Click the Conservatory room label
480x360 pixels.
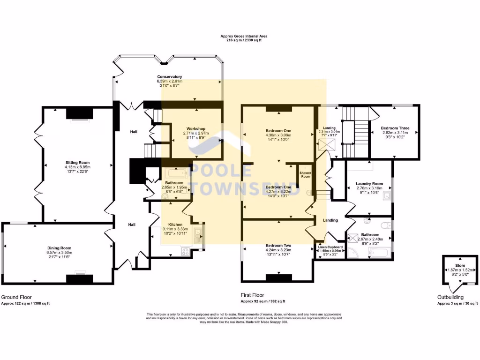[x=169, y=77]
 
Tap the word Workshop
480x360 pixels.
[x=196, y=128]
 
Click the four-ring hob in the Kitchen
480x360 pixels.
[x=185, y=251]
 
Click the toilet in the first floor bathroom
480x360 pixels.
[x=386, y=225]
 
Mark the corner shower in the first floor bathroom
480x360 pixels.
[x=352, y=254]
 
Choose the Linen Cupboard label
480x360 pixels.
[x=331, y=247]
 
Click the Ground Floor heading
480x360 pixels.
[x=16, y=297]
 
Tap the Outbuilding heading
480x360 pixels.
[x=450, y=297]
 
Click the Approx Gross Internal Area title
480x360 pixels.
[x=244, y=36]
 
